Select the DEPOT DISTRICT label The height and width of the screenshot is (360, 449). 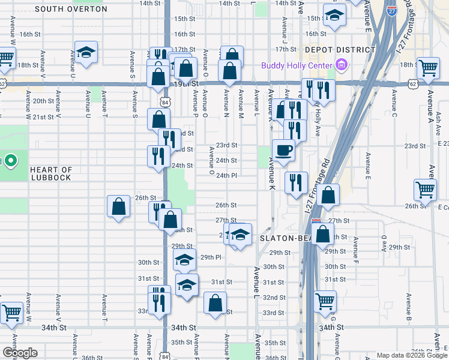(x=331, y=50)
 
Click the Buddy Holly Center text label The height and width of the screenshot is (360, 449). (x=297, y=65)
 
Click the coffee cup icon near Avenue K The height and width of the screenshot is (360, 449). (x=283, y=150)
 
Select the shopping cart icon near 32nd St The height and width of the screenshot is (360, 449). (x=325, y=301)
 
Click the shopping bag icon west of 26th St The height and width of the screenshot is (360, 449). (x=119, y=206)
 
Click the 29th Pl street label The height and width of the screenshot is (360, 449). (x=211, y=257)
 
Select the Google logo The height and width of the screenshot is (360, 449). (x=20, y=353)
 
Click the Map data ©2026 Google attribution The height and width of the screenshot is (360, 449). (x=411, y=355)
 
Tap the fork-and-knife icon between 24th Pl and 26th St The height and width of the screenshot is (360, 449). (x=296, y=182)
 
